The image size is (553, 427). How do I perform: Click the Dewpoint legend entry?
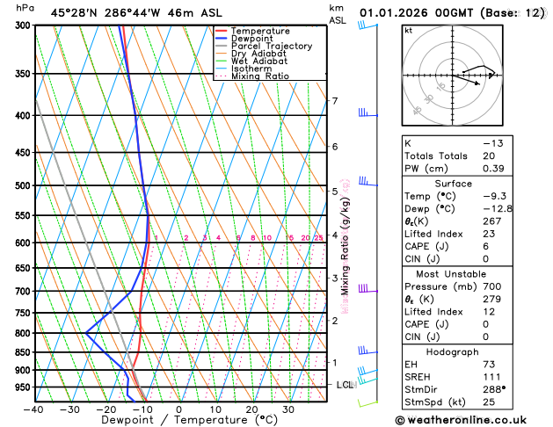coord(253,39)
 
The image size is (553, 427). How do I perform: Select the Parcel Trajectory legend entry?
coord(271,47)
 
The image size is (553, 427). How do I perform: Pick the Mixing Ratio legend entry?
coord(260,76)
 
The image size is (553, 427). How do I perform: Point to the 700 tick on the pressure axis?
coord(23,291)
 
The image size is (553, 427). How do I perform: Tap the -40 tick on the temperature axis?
coord(33,409)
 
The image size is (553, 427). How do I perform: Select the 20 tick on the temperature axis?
coord(251,409)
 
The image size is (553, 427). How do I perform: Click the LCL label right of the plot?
coord(346,385)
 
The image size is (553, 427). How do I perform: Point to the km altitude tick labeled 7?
coord(334,101)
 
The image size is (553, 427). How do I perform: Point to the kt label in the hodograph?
coord(408,30)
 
